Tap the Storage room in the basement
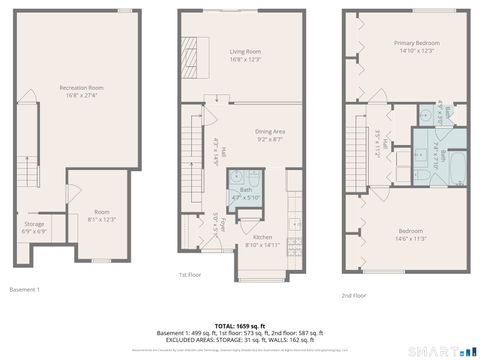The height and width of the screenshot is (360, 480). point(35,226)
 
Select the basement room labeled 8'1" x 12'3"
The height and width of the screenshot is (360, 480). point(102,216)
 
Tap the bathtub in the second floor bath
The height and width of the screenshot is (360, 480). point(450,170)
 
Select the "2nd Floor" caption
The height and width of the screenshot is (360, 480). point(354,296)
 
